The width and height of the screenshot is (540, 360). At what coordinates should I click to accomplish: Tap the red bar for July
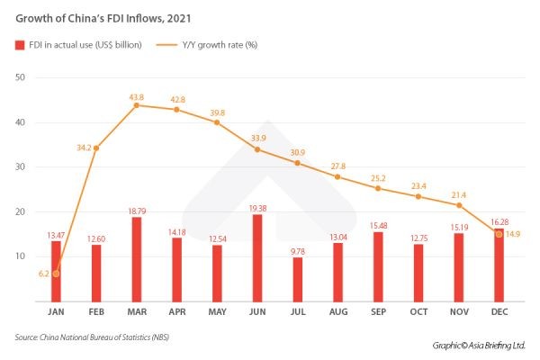pos(298,279)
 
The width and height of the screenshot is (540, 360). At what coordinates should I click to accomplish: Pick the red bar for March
pos(136,258)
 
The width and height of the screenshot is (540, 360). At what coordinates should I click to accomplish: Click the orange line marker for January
pos(56,274)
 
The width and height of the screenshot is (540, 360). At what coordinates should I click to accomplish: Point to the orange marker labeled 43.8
pos(136,105)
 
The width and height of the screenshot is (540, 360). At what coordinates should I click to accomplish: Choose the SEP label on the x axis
pos(378,312)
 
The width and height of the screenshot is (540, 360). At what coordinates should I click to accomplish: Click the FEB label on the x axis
pos(96,312)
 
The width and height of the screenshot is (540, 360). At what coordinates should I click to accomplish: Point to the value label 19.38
pos(257,207)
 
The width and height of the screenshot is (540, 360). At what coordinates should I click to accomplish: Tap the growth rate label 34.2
pos(83,145)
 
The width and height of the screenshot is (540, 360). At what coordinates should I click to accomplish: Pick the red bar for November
pos(459,265)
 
